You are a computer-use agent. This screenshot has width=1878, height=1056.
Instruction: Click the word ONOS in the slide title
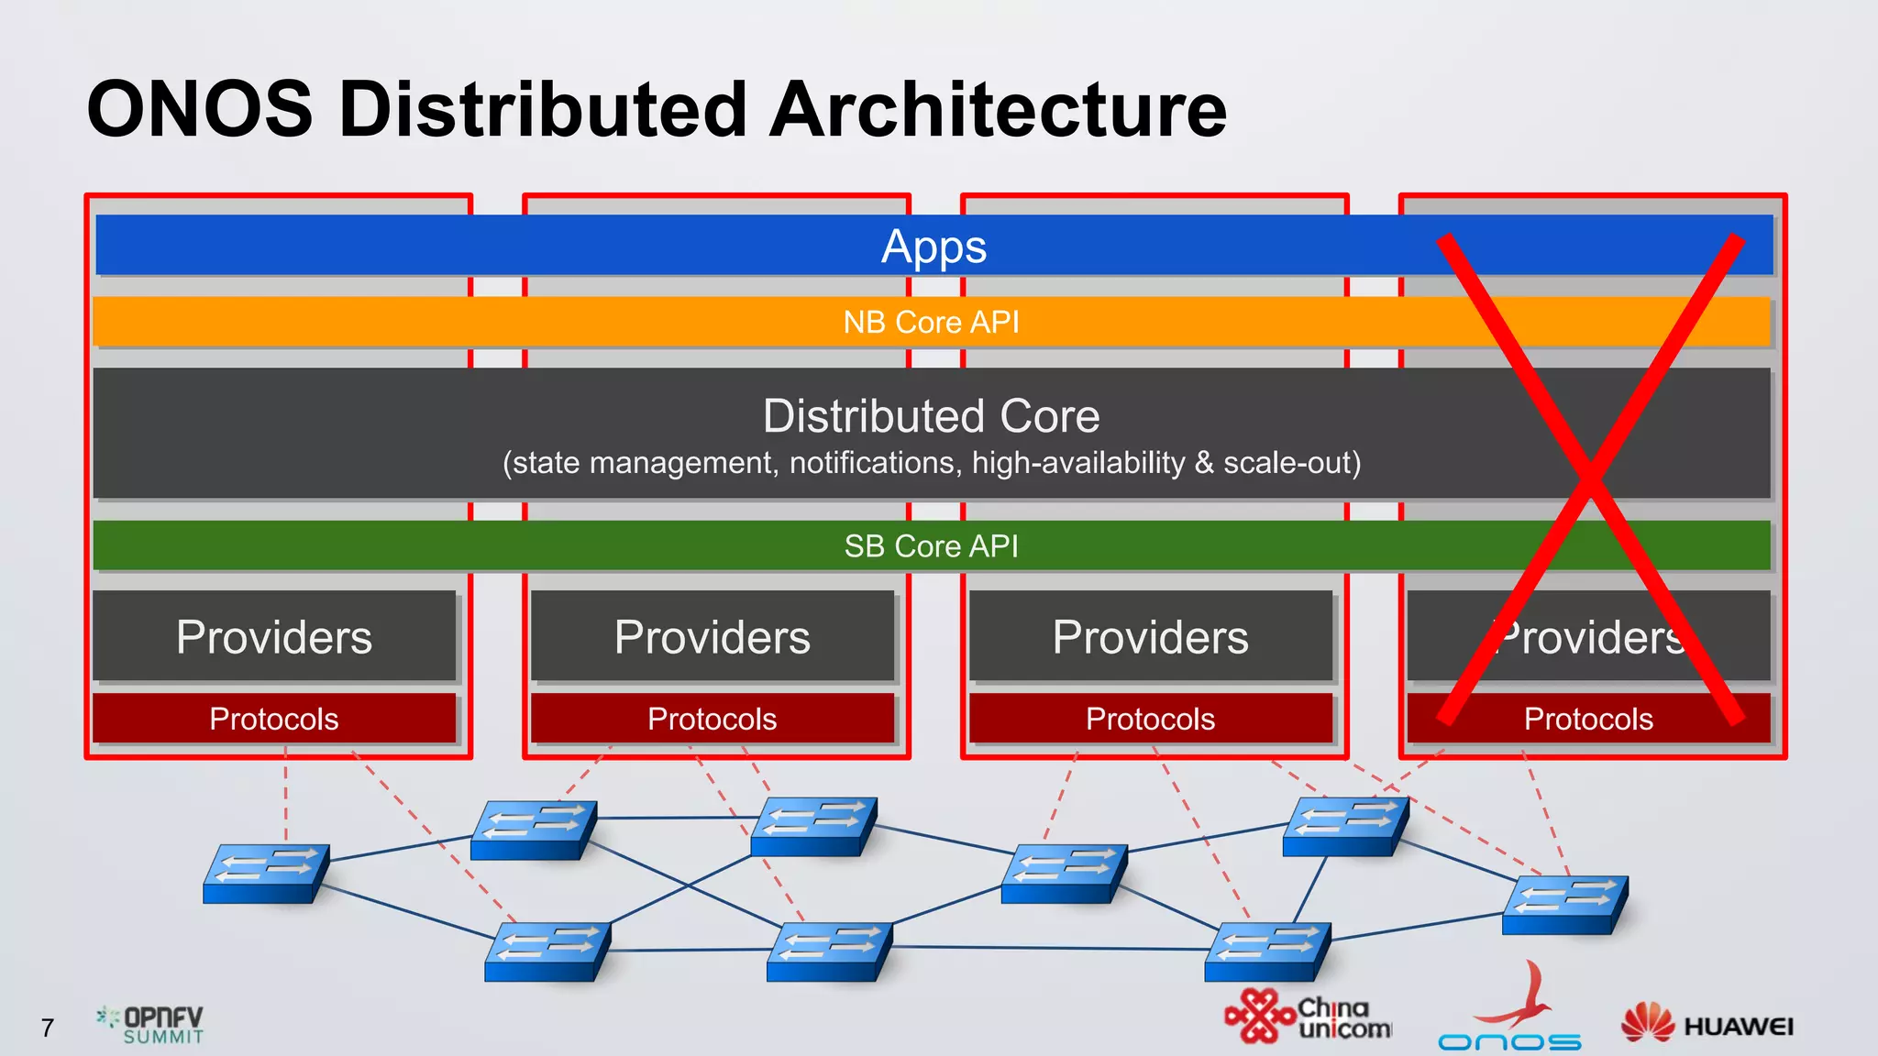tap(200, 109)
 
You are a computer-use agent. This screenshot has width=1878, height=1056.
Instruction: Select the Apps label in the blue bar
tap(933, 247)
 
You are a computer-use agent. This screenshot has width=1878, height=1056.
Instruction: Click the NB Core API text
tap(931, 323)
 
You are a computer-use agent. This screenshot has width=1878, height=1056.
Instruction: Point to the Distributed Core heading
tap(931, 416)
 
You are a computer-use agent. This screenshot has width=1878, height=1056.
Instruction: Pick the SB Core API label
tap(931, 546)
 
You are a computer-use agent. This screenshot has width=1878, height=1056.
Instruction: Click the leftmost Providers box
tap(274, 636)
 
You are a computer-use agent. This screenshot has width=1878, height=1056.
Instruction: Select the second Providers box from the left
tap(713, 636)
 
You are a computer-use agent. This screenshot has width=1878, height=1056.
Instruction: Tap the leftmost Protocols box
tap(274, 719)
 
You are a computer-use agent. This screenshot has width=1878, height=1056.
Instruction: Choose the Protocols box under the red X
tap(1588, 719)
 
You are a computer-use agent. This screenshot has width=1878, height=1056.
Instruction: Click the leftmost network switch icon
tap(266, 874)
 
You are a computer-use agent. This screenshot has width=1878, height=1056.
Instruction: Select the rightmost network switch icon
tap(1565, 905)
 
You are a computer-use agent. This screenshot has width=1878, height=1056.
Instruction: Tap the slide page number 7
tap(48, 1028)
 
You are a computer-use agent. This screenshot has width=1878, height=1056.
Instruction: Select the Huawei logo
tap(1707, 1024)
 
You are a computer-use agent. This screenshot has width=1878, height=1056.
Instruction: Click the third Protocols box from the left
tap(1150, 719)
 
